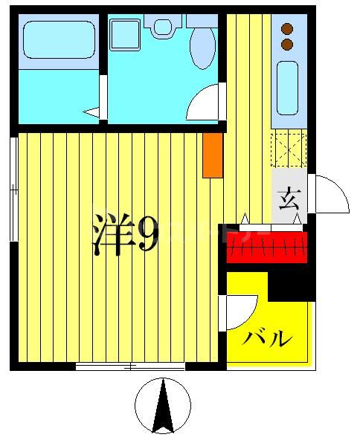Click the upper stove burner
[x=287, y=30]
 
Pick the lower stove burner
[x=287, y=45]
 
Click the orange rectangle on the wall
[x=213, y=155]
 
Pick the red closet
[x=266, y=247]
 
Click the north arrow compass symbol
[x=164, y=405]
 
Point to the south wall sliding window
[x=131, y=366]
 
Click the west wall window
[x=13, y=190]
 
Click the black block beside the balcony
[x=292, y=283]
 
